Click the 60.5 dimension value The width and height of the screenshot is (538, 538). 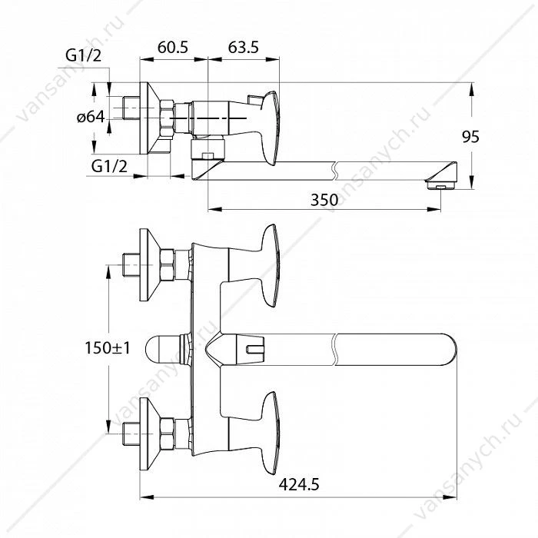click(173, 48)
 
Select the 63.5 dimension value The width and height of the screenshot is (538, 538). click(244, 48)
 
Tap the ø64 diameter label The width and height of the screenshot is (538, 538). click(91, 118)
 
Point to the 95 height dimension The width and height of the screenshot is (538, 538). click(470, 137)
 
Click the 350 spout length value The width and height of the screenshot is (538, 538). click(324, 200)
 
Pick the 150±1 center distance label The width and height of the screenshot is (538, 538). click(108, 348)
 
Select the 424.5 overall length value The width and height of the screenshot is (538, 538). click(299, 485)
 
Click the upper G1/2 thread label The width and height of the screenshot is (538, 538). click(84, 55)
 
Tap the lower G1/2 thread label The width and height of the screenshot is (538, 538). click(109, 167)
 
